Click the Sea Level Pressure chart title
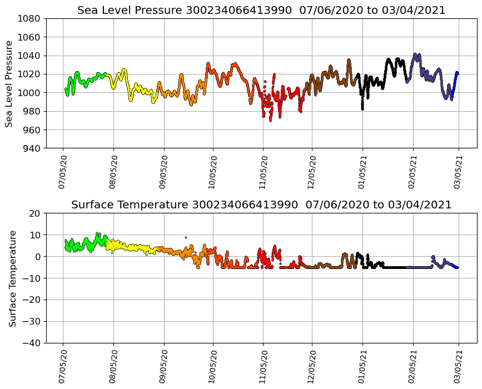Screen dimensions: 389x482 [261, 11]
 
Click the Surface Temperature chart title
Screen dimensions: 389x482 [261, 205]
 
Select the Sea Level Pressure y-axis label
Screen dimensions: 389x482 [9, 83]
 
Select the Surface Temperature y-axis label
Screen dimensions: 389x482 [12, 278]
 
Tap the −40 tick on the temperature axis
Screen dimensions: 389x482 [32, 343]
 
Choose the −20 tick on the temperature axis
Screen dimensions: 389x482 [32, 300]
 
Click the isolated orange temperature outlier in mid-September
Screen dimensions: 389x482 [186, 237]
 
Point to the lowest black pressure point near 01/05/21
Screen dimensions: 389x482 [362, 109]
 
